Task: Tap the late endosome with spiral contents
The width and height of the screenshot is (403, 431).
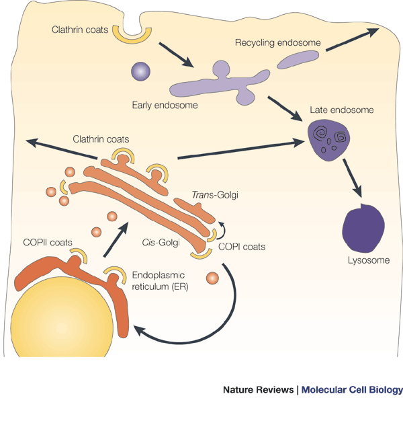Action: click(x=327, y=139)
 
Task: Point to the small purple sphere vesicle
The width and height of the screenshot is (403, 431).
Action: click(x=141, y=71)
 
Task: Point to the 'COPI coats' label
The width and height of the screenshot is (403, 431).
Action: click(x=242, y=247)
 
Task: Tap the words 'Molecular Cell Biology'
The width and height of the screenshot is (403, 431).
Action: click(x=352, y=390)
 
